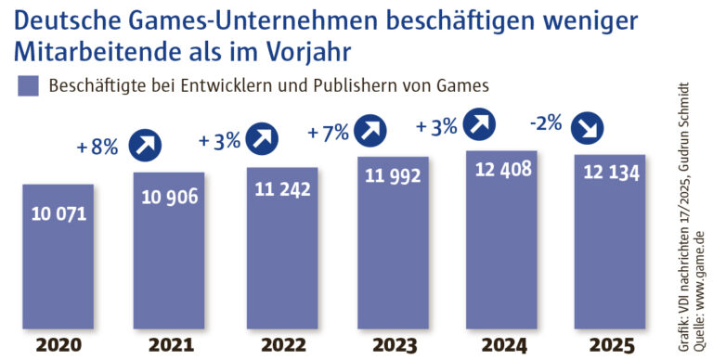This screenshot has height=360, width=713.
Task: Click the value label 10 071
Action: click(x=58, y=214)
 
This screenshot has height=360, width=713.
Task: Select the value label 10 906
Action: click(x=169, y=197)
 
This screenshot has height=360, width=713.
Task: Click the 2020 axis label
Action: click(x=58, y=346)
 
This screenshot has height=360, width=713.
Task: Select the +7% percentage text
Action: click(x=329, y=133)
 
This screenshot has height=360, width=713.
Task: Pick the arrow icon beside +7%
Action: click(x=371, y=130)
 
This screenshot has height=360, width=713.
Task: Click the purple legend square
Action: click(x=27, y=86)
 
